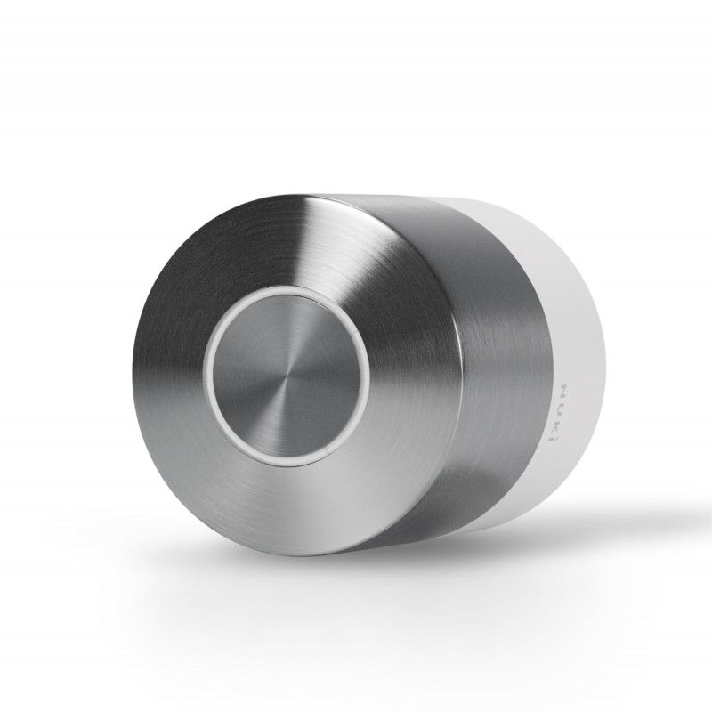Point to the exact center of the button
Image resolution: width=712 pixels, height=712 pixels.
[x=284, y=380]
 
